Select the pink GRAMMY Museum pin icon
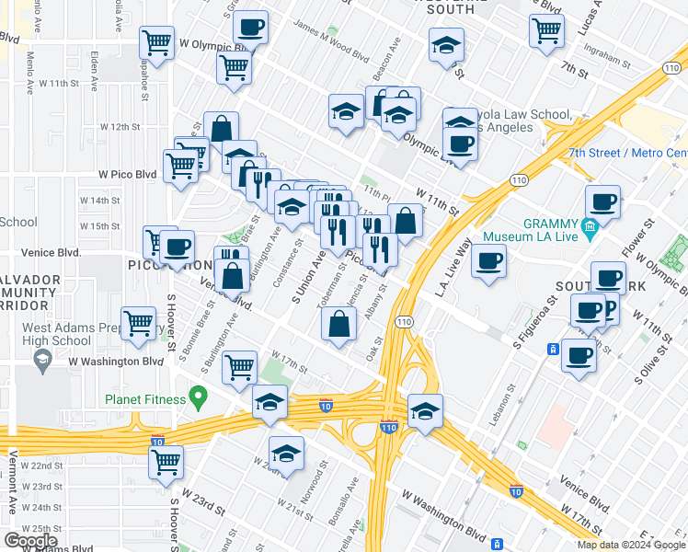[589, 225]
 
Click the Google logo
[30, 541]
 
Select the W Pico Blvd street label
[128, 174]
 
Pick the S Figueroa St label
[531, 316]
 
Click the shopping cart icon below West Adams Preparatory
[139, 324]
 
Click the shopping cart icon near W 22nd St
[166, 462]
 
